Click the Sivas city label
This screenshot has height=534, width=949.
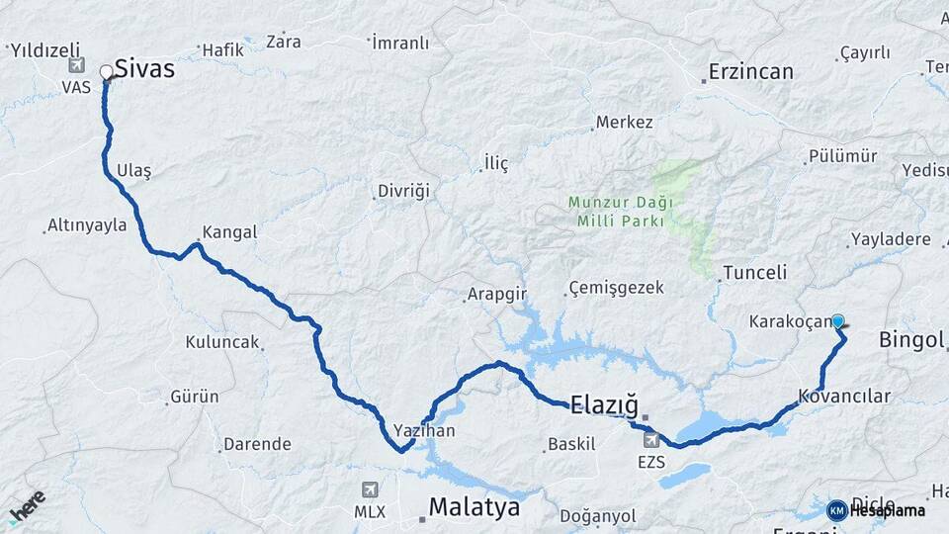pyautogui.click(x=144, y=69)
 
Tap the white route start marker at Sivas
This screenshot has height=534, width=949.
pyautogui.click(x=107, y=72)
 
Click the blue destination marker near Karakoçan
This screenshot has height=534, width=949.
pyautogui.click(x=838, y=320)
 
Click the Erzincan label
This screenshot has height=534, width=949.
pyautogui.click(x=751, y=72)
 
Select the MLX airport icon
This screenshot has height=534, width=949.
pyautogui.click(x=370, y=489)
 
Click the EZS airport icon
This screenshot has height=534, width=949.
pyautogui.click(x=651, y=439)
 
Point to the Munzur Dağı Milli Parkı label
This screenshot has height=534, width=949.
pyautogui.click(x=621, y=212)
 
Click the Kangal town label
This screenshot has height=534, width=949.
pyautogui.click(x=229, y=233)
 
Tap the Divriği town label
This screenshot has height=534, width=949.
pyautogui.click(x=403, y=191)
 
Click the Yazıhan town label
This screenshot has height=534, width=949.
pyautogui.click(x=424, y=431)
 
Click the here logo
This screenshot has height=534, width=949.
pyautogui.click(x=27, y=506)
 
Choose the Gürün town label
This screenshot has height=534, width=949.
pyautogui.click(x=195, y=397)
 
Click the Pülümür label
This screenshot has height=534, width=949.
pyautogui.click(x=842, y=156)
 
